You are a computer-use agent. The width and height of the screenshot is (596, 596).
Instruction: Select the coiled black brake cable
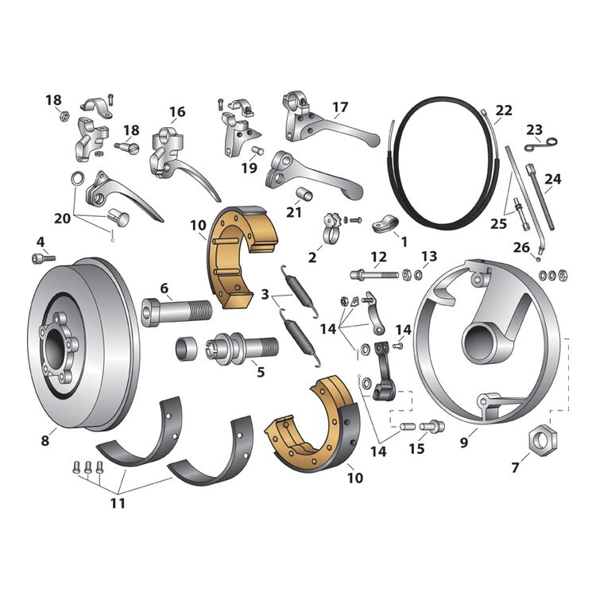[x=445, y=159]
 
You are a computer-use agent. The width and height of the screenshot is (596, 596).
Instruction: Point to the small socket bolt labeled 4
[x=43, y=258]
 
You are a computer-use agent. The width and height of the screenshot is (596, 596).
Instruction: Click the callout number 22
[x=503, y=110]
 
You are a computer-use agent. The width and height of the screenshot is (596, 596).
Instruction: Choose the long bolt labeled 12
[x=373, y=275]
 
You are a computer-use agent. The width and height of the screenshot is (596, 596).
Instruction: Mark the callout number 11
[x=118, y=503]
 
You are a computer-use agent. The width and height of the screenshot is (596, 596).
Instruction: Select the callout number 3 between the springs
[x=264, y=294]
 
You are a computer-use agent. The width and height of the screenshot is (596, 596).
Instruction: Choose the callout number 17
[x=340, y=106]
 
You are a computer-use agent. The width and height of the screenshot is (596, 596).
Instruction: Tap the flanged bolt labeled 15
[x=435, y=426]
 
